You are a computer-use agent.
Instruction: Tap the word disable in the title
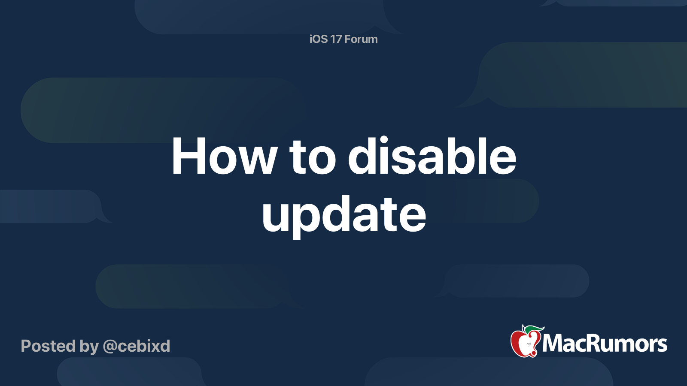(x=432, y=156)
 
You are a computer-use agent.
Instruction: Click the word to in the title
(x=313, y=158)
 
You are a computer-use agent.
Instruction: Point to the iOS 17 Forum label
(x=343, y=39)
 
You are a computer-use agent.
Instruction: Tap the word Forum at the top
(x=361, y=39)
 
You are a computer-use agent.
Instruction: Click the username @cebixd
(x=137, y=346)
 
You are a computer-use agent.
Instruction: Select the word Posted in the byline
(x=49, y=346)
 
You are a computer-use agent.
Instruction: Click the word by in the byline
(x=89, y=347)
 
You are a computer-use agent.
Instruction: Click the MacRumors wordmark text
(x=605, y=344)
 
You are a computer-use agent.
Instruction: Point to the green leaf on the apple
(x=534, y=330)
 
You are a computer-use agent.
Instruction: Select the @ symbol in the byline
(x=111, y=347)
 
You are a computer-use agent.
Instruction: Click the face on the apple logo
(x=529, y=345)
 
